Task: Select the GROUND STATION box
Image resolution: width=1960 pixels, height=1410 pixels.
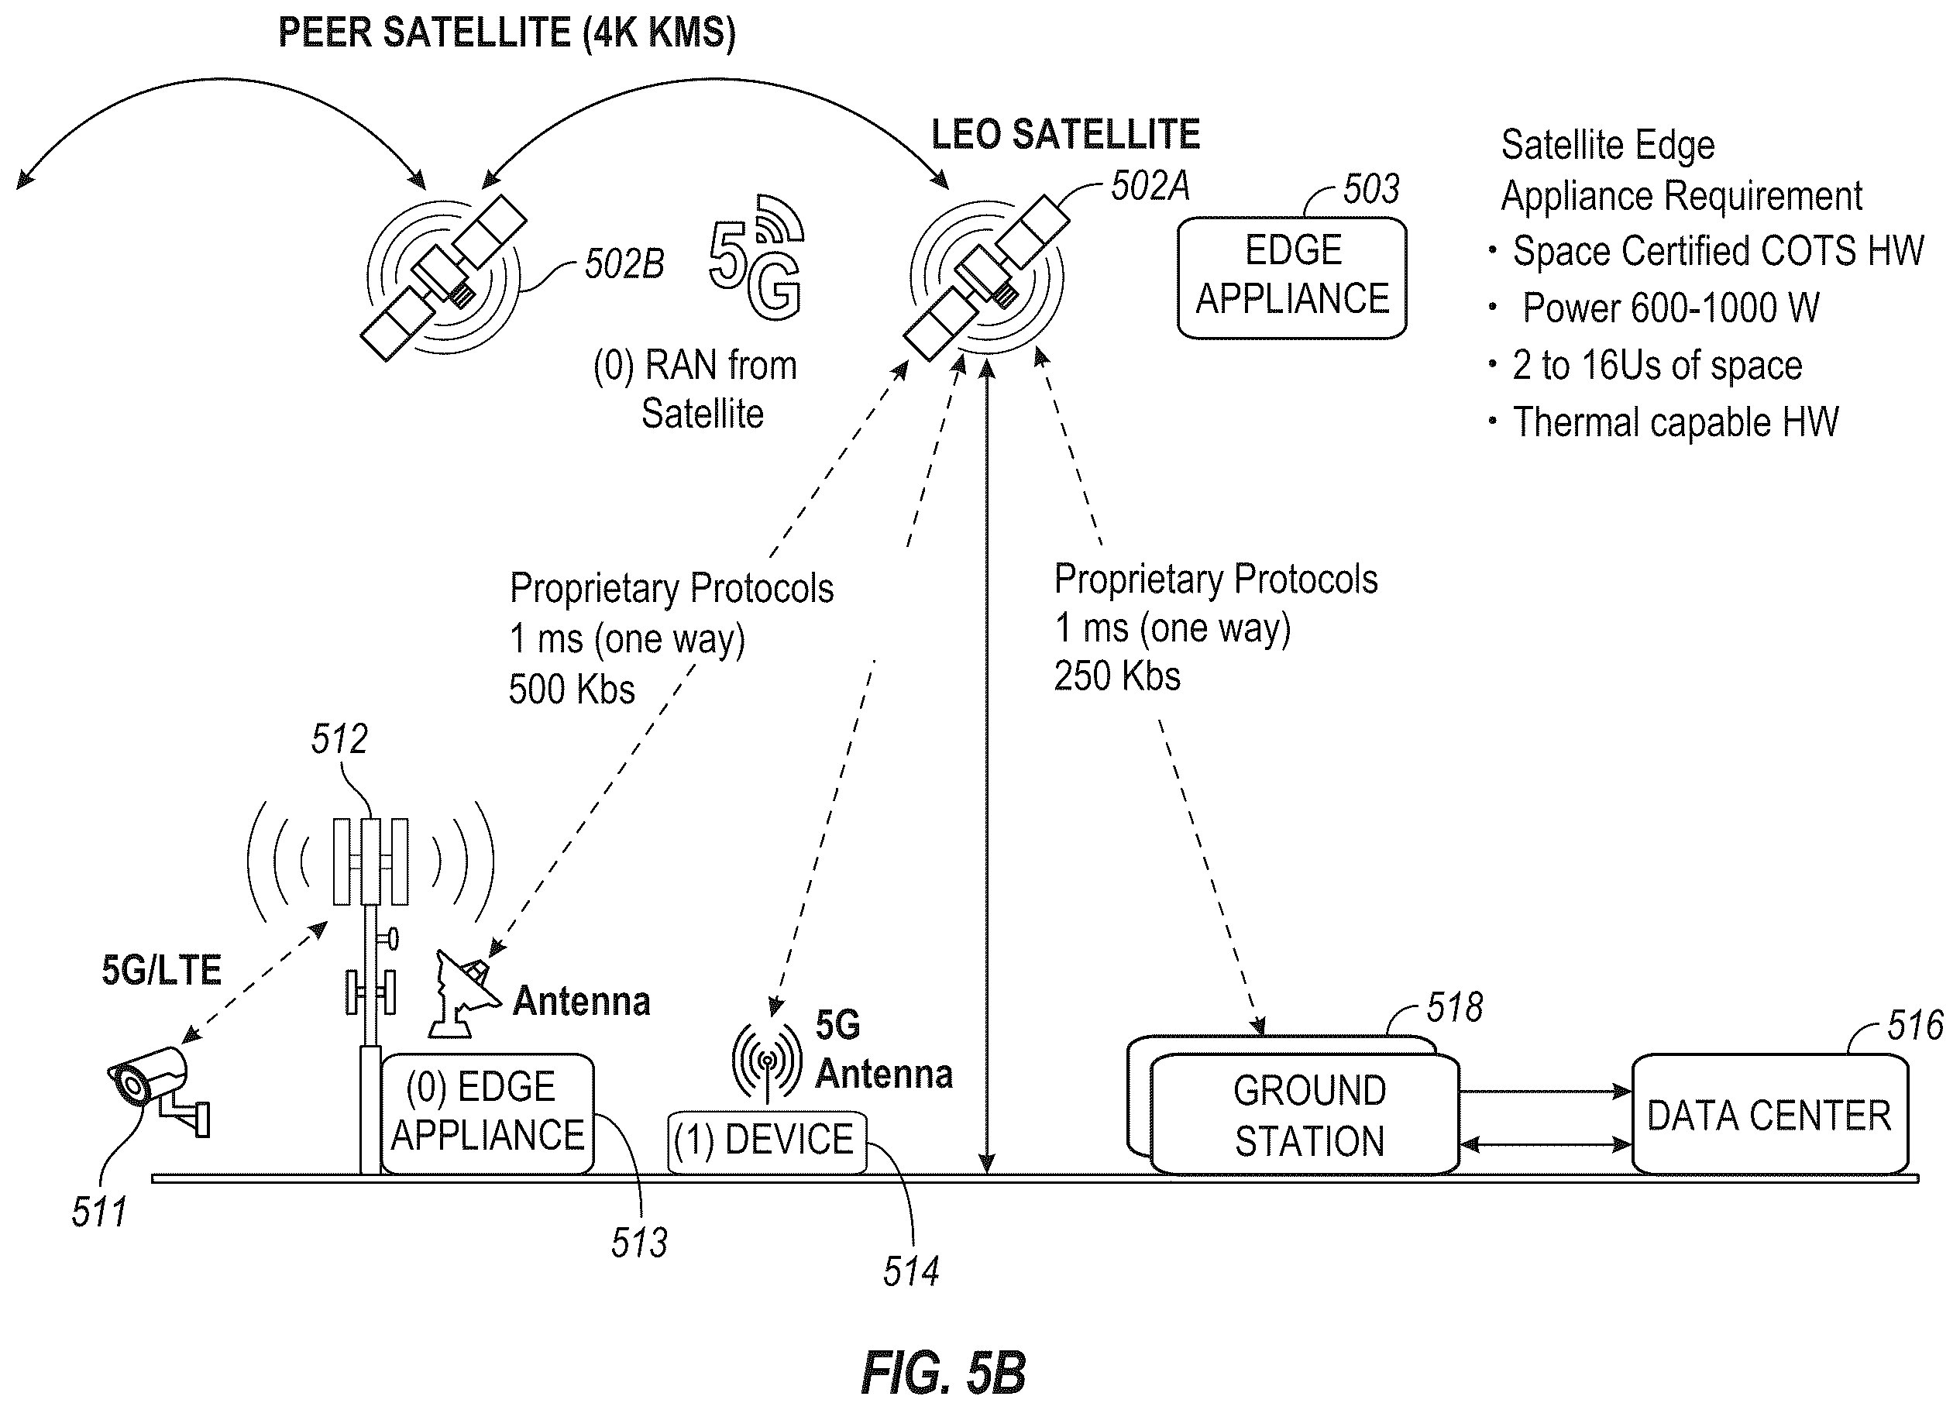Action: pos(1305,1115)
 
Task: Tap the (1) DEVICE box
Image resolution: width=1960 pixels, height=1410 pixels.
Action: pos(766,1141)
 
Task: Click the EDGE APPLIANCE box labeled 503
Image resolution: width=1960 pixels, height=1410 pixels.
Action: pos(1292,277)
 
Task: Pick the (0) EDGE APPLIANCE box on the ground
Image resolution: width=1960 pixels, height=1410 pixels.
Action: pos(487,1113)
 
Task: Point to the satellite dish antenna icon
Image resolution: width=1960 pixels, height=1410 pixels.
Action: pos(464,993)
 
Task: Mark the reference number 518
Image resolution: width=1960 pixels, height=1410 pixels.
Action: pos(1454,1007)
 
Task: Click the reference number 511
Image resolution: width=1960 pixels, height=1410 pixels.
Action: pos(98,1212)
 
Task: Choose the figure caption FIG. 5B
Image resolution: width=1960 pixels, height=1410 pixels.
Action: pos(944,1372)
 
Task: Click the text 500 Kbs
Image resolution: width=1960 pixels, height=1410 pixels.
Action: pos(572,690)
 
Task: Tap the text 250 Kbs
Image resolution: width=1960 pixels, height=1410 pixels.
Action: pos(1117,676)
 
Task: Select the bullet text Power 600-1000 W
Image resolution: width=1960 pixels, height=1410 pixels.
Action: pos(1670,308)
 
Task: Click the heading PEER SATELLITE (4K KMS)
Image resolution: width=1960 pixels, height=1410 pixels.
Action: pos(507,33)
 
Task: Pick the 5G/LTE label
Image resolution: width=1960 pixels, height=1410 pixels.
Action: pos(162,970)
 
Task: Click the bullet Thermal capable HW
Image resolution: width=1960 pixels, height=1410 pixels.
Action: pos(1676,422)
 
